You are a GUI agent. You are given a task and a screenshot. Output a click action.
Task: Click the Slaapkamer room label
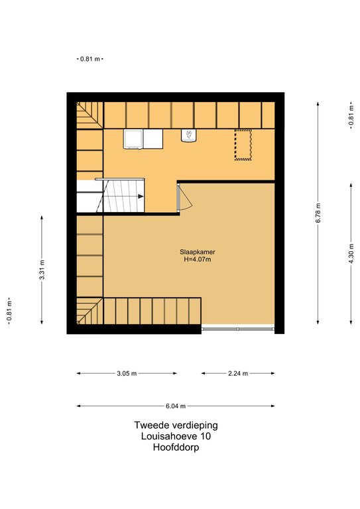(x=198, y=252)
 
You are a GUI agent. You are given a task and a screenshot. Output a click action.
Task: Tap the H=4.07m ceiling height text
(x=198, y=259)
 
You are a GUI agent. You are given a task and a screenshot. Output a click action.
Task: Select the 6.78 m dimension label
(x=318, y=213)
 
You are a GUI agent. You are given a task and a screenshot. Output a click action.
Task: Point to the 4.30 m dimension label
(x=351, y=254)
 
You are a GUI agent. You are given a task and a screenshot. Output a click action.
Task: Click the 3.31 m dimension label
(x=42, y=270)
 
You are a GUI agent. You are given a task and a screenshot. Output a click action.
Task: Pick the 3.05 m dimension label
(x=127, y=373)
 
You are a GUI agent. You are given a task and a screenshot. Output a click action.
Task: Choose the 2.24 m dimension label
(x=238, y=373)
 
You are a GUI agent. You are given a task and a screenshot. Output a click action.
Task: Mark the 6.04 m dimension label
(x=176, y=406)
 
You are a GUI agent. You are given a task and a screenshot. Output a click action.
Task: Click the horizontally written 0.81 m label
(x=90, y=59)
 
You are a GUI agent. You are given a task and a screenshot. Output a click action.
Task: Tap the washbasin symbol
(x=188, y=136)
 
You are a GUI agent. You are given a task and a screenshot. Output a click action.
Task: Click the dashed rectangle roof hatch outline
(x=243, y=144)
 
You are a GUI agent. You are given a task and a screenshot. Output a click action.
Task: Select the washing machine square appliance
(x=133, y=139)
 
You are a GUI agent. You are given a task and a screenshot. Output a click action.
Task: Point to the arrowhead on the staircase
(x=141, y=196)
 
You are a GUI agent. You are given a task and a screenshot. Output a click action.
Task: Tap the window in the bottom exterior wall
(x=238, y=329)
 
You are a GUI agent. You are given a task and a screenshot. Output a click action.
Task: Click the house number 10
(x=205, y=436)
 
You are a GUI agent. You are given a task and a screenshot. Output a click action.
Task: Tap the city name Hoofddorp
(x=176, y=447)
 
